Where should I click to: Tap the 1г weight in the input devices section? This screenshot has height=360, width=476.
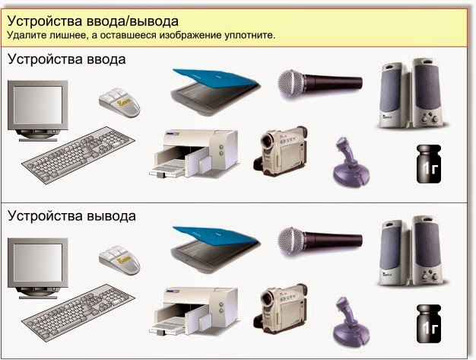427,163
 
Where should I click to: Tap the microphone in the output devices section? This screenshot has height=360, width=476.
313,239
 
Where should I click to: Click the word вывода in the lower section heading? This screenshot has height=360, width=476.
110,215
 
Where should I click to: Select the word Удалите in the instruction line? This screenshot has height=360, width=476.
28,35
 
